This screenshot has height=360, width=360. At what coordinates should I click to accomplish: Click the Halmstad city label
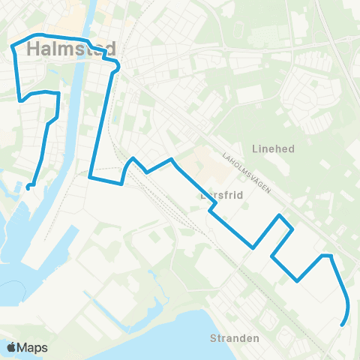coord(71,50)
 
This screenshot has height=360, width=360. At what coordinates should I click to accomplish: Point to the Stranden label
coord(235,338)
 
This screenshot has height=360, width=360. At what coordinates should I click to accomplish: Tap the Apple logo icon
coord(11,347)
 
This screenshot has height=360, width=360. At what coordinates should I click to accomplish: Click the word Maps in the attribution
coord(33,347)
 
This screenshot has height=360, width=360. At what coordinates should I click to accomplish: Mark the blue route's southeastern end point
coord(342,325)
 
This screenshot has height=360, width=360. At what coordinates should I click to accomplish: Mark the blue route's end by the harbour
coord(28,187)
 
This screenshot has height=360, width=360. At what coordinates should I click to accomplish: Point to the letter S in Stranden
coord(214,338)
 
